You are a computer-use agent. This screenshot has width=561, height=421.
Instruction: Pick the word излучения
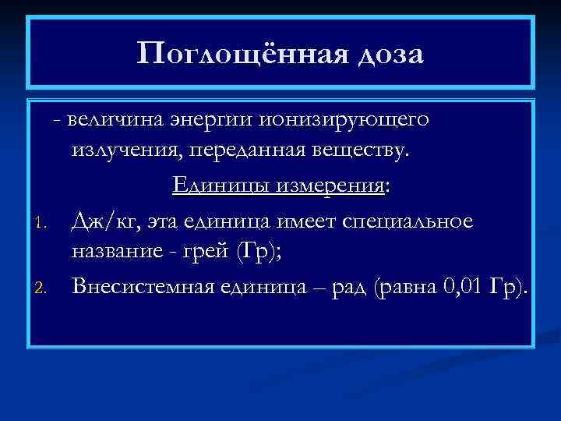click(125, 149)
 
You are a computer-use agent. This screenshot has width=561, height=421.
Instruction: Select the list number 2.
click(44, 289)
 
